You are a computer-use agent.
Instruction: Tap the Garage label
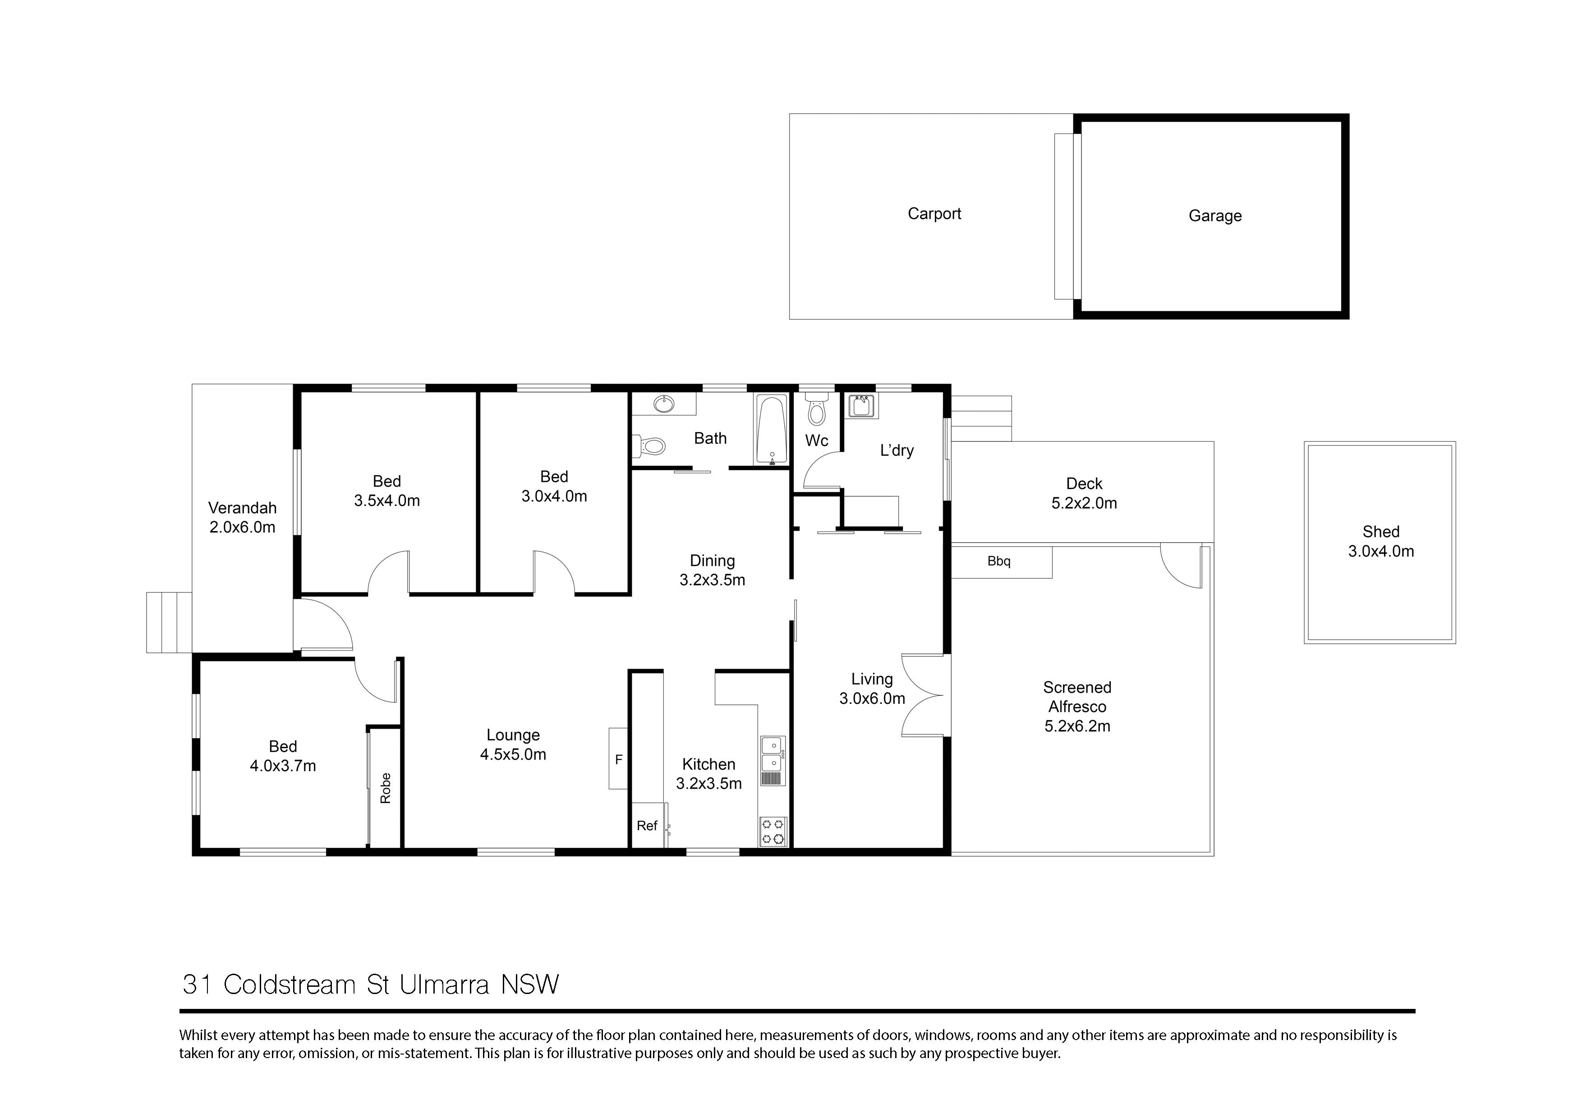click(1215, 216)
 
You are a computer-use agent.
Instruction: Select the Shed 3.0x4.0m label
click(1381, 541)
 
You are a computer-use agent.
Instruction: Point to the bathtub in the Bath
click(772, 429)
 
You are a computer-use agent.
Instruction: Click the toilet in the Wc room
click(817, 410)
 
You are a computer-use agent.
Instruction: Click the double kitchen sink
click(773, 755)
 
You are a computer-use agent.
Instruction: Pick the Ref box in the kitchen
click(647, 825)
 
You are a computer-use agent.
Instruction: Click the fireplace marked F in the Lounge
click(618, 758)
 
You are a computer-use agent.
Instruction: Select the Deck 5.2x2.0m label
click(1084, 494)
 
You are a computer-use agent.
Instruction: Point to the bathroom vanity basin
click(664, 404)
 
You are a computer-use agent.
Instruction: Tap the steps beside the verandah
click(168, 622)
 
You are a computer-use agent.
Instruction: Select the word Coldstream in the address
click(290, 985)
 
